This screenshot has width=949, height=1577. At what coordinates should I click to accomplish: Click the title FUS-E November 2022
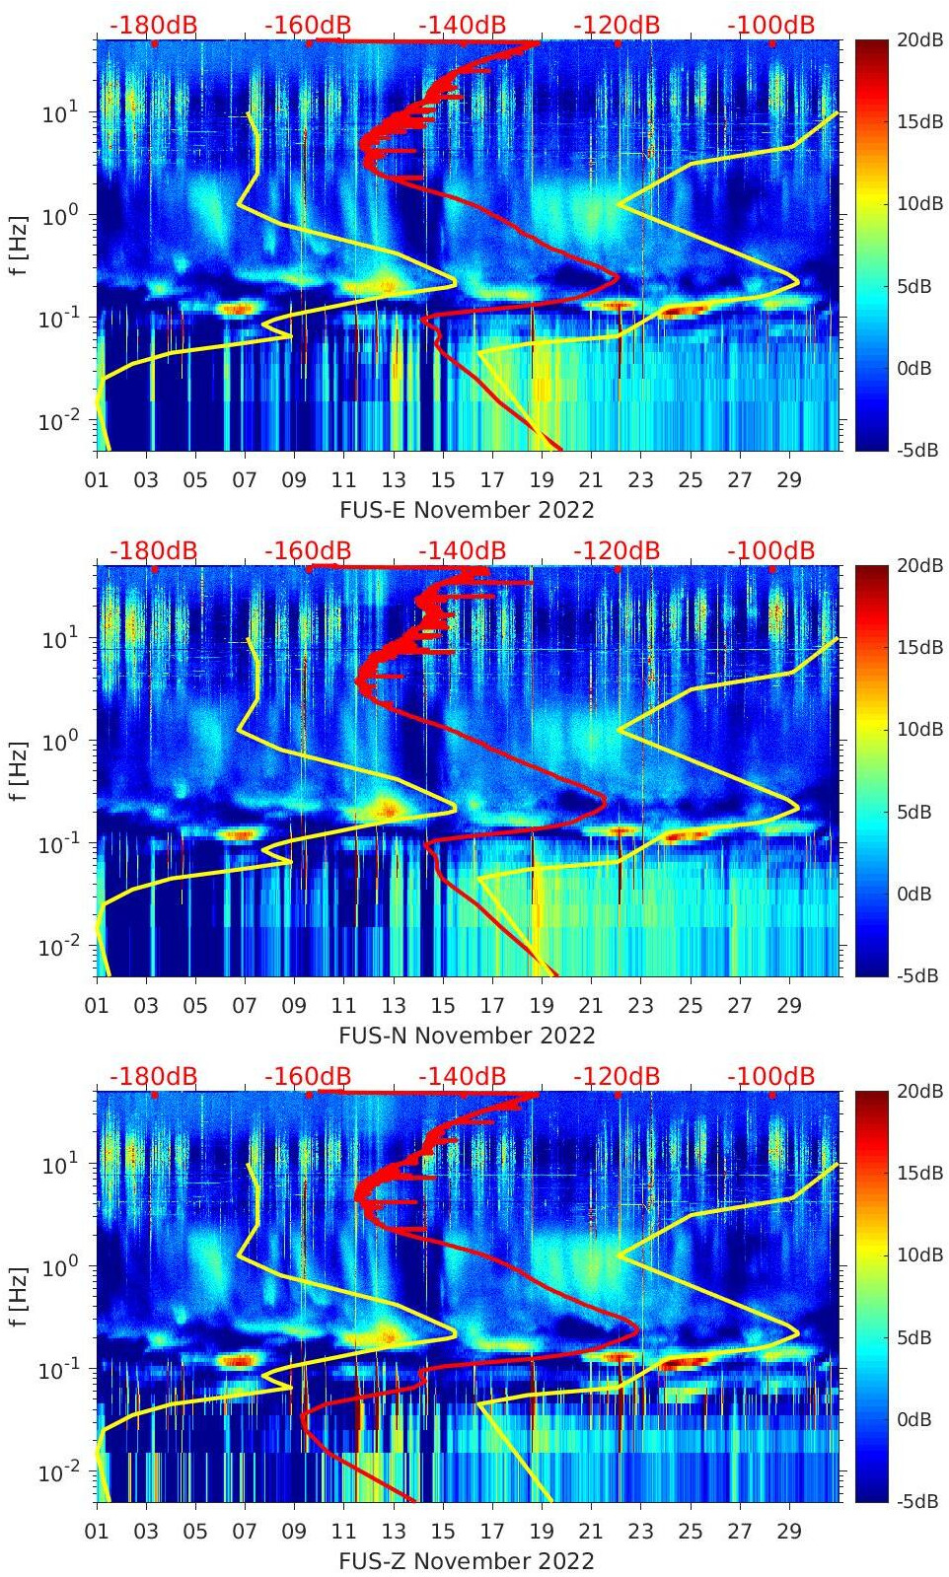point(467,510)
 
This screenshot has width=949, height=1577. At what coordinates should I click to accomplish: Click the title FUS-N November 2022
point(467,1036)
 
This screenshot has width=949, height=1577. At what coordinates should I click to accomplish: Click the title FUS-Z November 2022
point(467,1561)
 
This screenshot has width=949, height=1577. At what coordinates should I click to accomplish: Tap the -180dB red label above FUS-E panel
point(153,25)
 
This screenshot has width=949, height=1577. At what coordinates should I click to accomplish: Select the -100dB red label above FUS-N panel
point(770,550)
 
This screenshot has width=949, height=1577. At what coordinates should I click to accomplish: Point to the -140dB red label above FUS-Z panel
point(462,1076)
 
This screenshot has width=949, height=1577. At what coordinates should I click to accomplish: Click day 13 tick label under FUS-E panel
point(394,480)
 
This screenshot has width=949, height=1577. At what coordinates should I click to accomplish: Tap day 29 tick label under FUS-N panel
point(789,1006)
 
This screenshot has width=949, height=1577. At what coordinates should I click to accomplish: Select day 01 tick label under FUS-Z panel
point(97,1532)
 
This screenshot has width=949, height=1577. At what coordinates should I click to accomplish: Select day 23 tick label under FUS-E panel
point(641,480)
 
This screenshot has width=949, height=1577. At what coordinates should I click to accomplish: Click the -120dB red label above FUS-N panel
point(616,550)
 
